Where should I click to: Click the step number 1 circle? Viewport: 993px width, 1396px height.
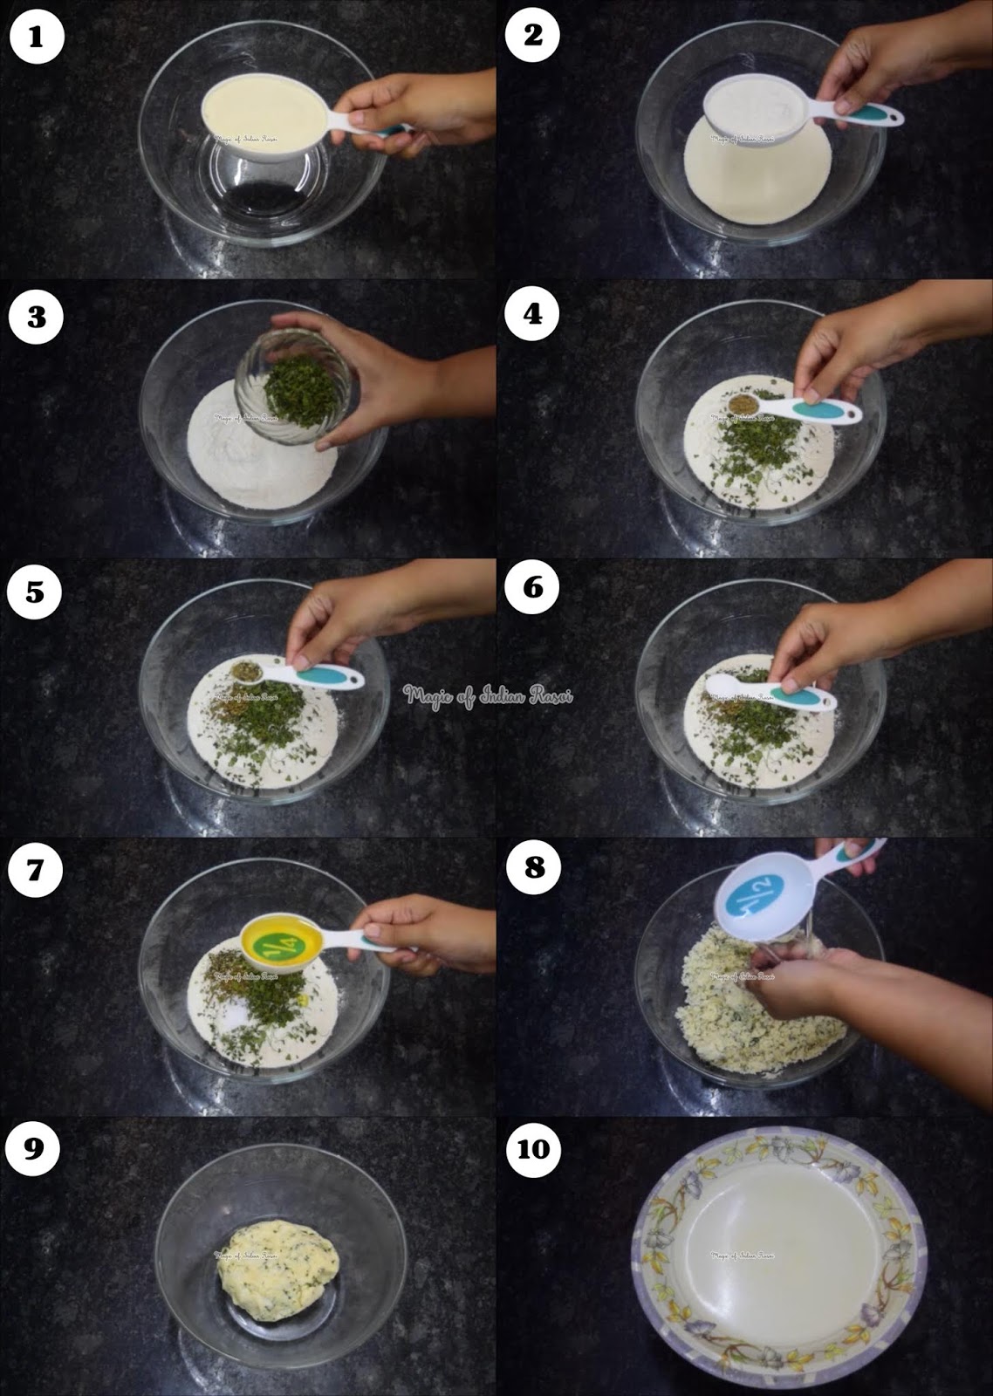pos(36,36)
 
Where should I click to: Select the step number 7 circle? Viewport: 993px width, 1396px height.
pos(36,870)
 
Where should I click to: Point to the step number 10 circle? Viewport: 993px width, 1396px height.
pos(533,1149)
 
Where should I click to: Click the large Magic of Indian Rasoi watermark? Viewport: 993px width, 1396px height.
pos(487,695)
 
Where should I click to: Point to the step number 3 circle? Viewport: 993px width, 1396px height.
pos(36,316)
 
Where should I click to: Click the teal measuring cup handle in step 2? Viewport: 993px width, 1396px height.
pos(864,117)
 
